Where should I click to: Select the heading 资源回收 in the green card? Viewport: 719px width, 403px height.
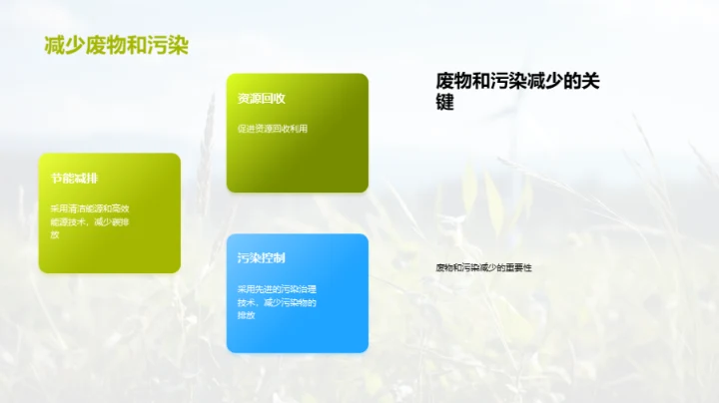pos(262,99)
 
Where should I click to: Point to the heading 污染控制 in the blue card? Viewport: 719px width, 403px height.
pos(262,258)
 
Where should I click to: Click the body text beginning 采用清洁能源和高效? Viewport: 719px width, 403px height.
pos(90,207)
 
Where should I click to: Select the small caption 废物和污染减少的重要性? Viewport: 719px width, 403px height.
pos(483,267)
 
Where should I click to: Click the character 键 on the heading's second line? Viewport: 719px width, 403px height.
pos(445,103)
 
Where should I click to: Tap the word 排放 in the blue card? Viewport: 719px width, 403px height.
pos(247,315)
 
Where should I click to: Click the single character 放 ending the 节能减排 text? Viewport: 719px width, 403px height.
pos(56,233)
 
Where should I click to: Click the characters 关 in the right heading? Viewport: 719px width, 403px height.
pos(587,81)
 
